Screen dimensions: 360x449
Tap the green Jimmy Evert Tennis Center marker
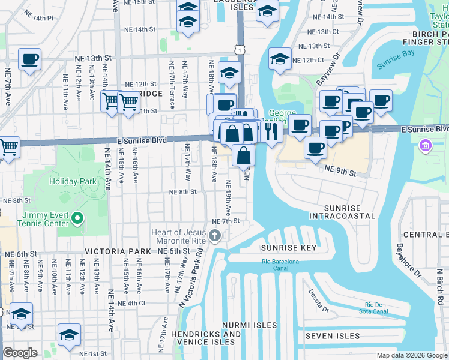(77, 218)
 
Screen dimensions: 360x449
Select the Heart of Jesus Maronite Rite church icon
(215, 235)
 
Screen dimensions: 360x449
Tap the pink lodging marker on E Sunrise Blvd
(426, 145)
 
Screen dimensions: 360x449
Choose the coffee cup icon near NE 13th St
(29, 59)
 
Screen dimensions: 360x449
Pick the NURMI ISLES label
(248, 325)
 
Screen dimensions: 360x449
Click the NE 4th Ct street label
(132, 303)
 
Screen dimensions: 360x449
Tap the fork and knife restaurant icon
(273, 130)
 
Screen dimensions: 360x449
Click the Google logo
(20, 353)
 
